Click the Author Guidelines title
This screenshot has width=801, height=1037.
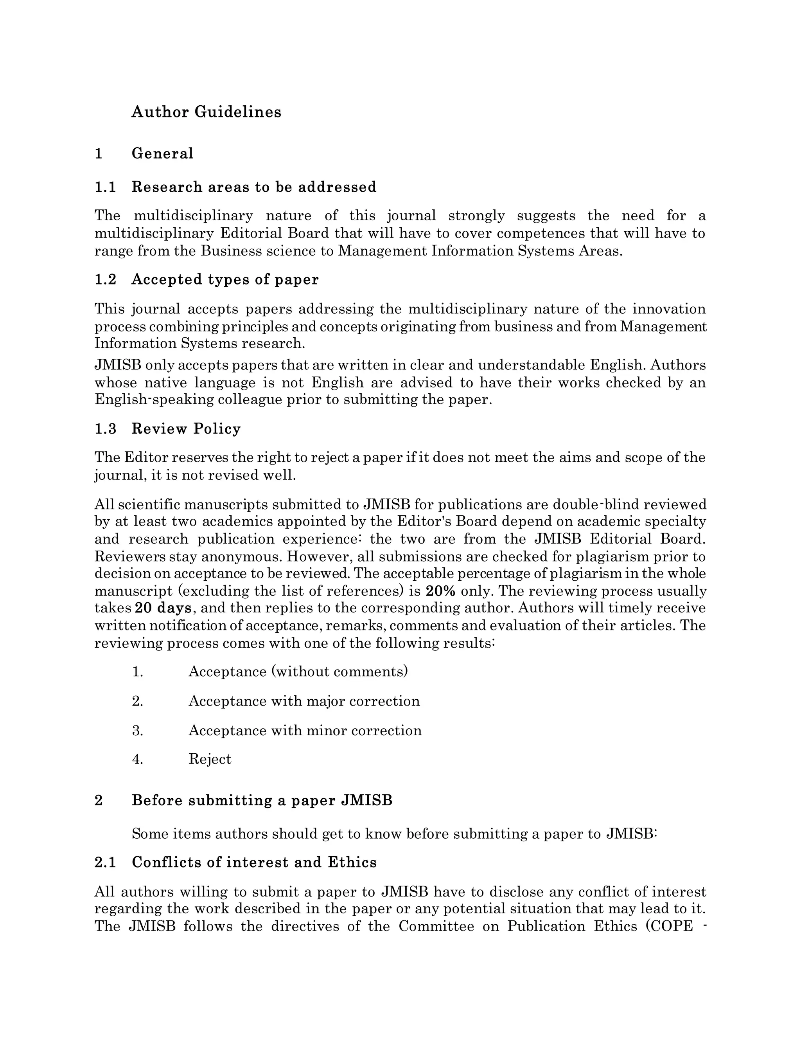pyautogui.click(x=206, y=112)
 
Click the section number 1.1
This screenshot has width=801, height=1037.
pyautogui.click(x=105, y=187)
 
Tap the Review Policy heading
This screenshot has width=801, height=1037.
pyautogui.click(x=186, y=429)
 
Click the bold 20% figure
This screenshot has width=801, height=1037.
pyautogui.click(x=440, y=591)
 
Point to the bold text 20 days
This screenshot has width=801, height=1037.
pyautogui.click(x=163, y=608)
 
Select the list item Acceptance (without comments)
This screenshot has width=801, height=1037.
pyautogui.click(x=298, y=672)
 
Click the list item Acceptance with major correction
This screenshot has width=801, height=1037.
pyautogui.click(x=304, y=701)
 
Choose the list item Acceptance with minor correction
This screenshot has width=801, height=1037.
pyautogui.click(x=305, y=730)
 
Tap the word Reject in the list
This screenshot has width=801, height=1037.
pyautogui.click(x=210, y=759)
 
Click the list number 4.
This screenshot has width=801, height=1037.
pyautogui.click(x=138, y=759)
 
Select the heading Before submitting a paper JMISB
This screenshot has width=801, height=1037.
pyautogui.click(x=262, y=801)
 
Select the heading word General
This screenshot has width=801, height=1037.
pyautogui.click(x=162, y=153)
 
